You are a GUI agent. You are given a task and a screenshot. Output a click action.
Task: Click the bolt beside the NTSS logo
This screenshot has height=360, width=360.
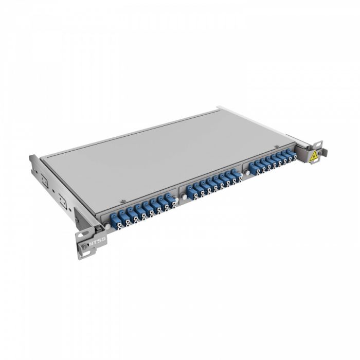(84, 246)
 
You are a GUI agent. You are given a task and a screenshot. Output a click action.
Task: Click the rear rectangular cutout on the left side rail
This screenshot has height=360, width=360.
(45, 181)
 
